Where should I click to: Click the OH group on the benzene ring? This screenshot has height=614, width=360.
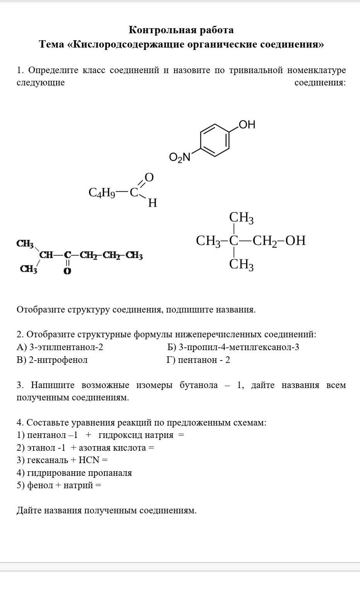coord(247,125)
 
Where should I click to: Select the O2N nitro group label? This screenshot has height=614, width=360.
coord(180,157)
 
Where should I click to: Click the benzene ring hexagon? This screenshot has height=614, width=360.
coord(215,140)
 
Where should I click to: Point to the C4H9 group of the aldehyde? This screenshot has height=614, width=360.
coord(102,193)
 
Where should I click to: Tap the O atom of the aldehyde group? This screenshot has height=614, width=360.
coord(149,178)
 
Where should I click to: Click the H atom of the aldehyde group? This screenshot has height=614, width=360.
coord(153,203)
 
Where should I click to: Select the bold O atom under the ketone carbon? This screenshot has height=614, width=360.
coord(67,271)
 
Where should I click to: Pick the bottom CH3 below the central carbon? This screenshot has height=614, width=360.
coord(241,265)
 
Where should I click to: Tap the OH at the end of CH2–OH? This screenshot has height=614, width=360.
coord(295,241)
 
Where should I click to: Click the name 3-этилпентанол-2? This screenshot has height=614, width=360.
coord(66,347)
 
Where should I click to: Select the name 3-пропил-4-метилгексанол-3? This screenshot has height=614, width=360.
coord(239,347)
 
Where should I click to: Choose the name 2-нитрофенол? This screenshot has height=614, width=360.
coord(58,360)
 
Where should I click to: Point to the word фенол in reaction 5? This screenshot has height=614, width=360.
coord(40,486)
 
